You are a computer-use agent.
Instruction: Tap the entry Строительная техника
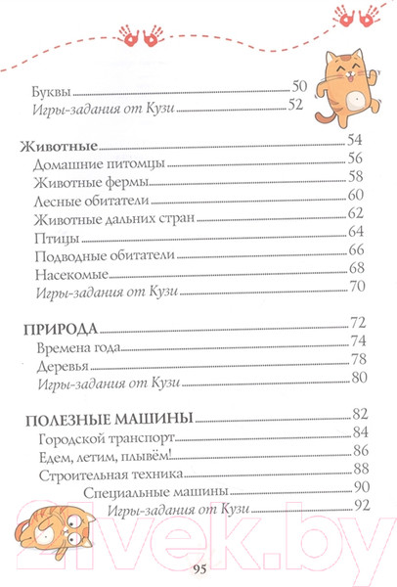[96, 471]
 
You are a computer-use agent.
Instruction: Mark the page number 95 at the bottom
[198, 569]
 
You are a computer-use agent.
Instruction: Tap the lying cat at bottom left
[54, 536]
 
